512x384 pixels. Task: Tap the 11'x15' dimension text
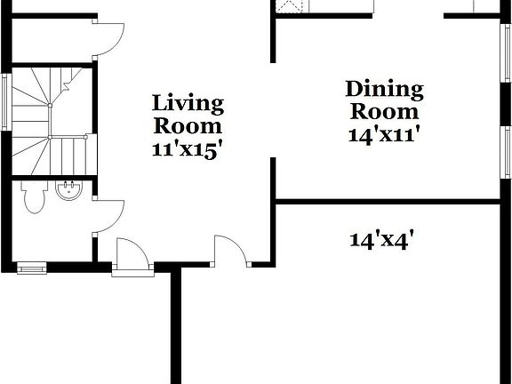187,148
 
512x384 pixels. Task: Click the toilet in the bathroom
34,197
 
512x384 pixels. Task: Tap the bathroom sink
68,189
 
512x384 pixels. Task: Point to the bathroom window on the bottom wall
32,266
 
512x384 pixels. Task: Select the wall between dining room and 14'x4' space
391,202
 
